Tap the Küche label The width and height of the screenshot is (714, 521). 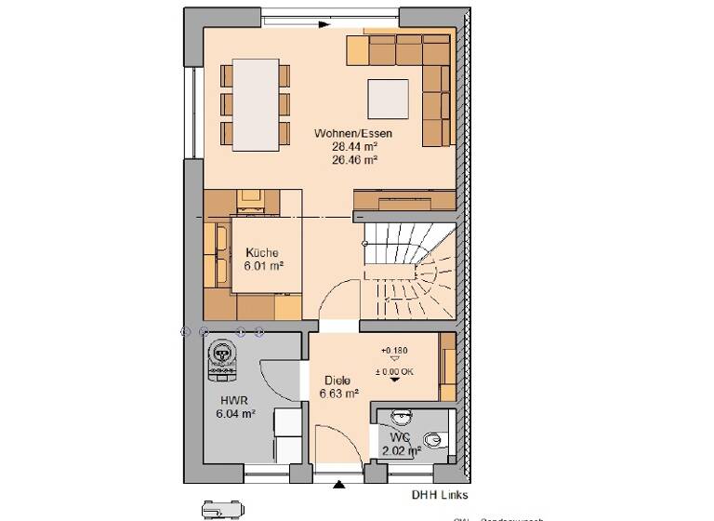(x=261, y=252)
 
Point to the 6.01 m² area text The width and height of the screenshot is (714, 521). (x=263, y=265)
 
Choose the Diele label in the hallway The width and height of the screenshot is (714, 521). (x=337, y=381)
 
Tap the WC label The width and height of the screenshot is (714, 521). (x=400, y=437)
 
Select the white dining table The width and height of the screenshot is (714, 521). (x=256, y=104)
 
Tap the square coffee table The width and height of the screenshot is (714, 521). (x=387, y=98)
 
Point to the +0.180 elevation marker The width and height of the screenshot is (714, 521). (x=394, y=351)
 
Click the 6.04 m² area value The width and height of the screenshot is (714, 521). (x=236, y=414)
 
